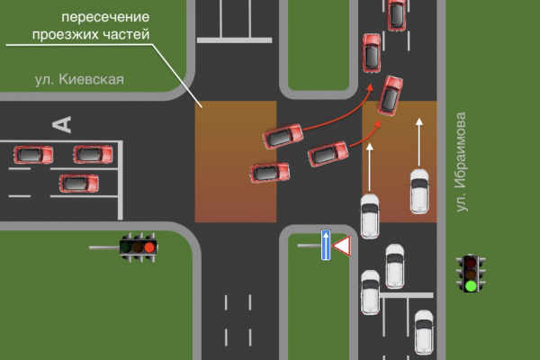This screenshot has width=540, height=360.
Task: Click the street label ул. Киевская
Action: (78, 79)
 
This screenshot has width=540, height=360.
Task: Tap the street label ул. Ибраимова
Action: (462, 162)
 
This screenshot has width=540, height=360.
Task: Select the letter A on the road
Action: (61, 122)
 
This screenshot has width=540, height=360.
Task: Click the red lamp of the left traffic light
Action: (149, 246)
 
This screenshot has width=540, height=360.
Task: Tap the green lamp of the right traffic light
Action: (470, 286)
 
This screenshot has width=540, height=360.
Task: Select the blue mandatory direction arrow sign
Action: (326, 245)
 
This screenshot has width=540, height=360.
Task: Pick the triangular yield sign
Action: (342, 245)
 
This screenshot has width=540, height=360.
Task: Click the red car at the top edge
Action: (396, 13)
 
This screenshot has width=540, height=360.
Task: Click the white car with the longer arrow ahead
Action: (419, 190)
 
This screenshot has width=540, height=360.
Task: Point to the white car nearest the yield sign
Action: (370, 214)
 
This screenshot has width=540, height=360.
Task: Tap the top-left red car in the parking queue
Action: (33, 155)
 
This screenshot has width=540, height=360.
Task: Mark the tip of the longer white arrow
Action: (419, 118)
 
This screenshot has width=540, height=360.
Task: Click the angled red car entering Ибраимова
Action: (390, 94)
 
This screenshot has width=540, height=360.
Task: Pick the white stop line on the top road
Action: (234, 39)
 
